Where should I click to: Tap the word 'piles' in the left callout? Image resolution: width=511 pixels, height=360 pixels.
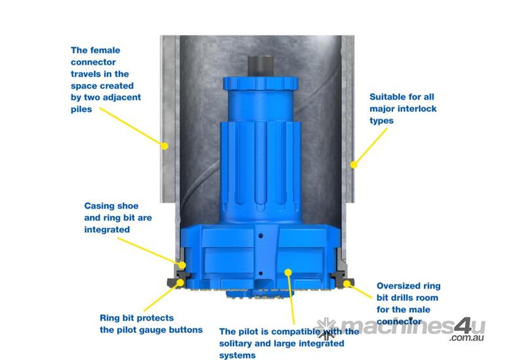(82, 109)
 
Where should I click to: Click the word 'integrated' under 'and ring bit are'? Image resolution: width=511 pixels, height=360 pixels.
(107, 230)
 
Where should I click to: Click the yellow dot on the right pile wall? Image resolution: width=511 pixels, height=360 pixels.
(354, 165)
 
